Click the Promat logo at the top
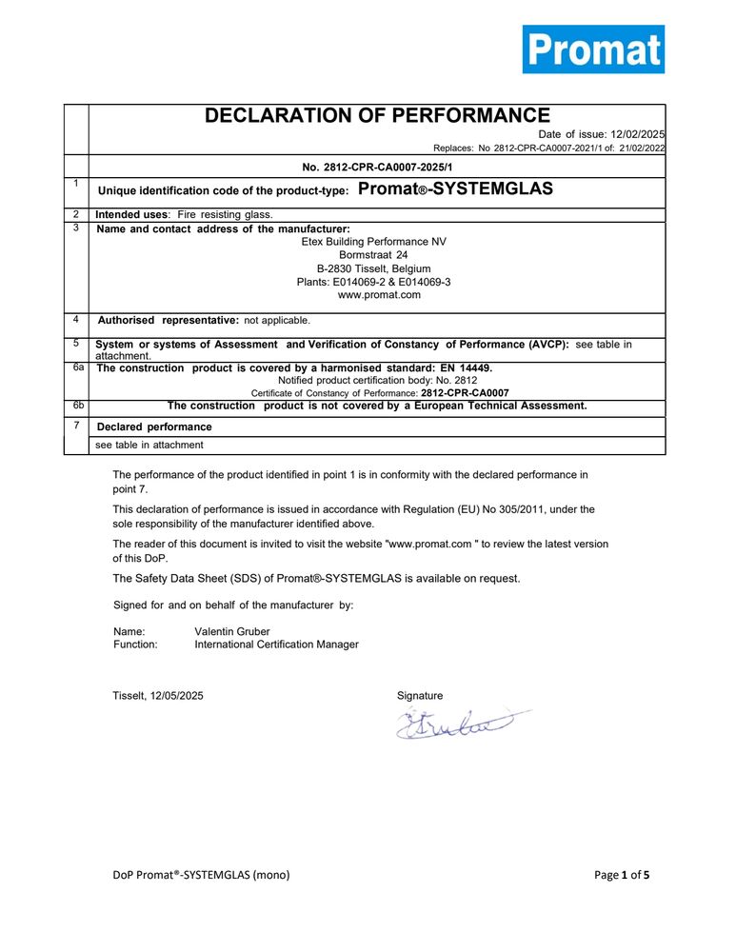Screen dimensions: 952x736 tap(592, 49)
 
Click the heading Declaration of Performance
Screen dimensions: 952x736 tap(377, 116)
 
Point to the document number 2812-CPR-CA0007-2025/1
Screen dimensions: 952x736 tap(377, 166)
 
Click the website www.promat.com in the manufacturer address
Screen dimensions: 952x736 tap(379, 295)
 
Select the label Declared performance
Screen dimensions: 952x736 tap(155, 426)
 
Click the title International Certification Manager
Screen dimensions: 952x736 tap(276, 645)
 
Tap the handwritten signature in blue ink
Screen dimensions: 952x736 tap(458, 725)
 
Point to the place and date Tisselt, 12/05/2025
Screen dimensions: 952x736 tap(158, 696)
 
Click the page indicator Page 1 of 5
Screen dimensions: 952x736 tap(622, 875)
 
